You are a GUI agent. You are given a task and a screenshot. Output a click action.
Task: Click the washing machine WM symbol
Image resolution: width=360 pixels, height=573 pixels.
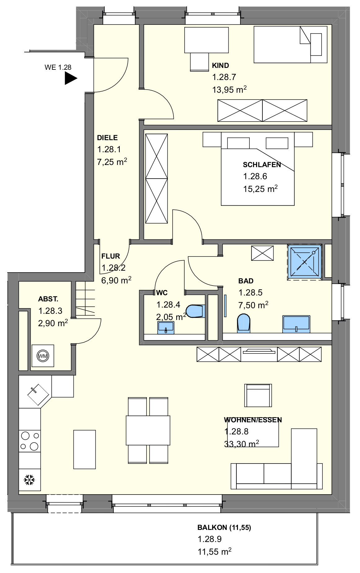(x=43, y=356)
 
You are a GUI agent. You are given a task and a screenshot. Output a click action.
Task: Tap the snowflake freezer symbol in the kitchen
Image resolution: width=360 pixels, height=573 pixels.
(x=29, y=480)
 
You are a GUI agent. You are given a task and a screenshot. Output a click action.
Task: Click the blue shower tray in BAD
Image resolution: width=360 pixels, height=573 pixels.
(x=305, y=261)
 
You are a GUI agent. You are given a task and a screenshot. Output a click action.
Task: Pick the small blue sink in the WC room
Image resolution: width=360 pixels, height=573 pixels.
(x=166, y=327)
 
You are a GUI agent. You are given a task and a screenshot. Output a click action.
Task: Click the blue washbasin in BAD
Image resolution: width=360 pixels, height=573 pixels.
(x=296, y=324)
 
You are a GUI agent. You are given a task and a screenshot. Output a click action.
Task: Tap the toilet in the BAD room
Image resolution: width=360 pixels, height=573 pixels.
(x=244, y=323)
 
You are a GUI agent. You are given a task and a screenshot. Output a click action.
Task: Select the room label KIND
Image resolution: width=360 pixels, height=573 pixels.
(x=221, y=65)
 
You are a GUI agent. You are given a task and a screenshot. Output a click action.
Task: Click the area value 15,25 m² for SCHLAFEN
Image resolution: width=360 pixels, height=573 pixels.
(x=260, y=189)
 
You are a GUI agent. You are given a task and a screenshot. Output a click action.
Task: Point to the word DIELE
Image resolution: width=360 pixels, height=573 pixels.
(x=107, y=138)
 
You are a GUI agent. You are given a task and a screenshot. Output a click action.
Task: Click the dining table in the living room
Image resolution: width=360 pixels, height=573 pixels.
(x=148, y=430)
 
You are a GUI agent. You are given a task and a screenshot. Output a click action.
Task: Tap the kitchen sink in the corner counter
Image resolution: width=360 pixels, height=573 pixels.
(x=38, y=395)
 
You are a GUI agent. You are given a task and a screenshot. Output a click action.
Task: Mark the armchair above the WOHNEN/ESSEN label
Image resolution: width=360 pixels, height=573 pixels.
(x=258, y=395)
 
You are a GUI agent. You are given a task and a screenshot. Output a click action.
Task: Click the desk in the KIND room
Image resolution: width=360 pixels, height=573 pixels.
(x=207, y=40)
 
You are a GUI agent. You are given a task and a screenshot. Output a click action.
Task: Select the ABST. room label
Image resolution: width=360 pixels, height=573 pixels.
(x=48, y=299)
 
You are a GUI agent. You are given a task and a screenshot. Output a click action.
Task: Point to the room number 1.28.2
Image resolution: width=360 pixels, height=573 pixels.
(x=113, y=268)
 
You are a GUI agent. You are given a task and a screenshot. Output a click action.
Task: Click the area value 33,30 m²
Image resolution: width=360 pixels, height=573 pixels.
(x=242, y=444)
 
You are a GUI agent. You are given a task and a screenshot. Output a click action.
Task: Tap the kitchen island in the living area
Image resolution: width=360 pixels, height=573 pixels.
(x=85, y=449)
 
